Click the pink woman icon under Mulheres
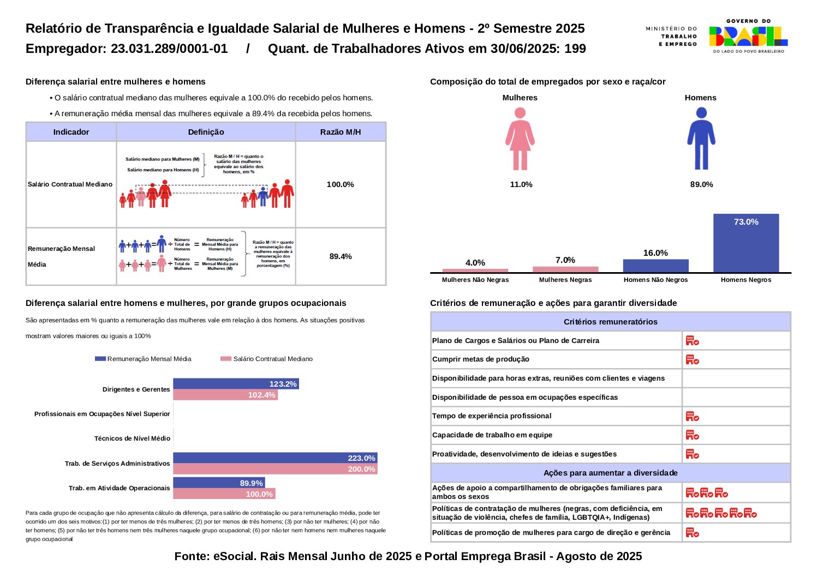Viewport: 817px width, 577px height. coord(520,139)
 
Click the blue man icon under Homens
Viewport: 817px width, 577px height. coord(701,139)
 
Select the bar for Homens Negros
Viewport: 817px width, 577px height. coord(746,243)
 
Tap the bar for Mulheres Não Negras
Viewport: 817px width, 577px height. coord(475,270)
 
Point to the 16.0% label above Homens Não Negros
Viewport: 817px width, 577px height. coord(655,253)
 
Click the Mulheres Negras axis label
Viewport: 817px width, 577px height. coord(565,280)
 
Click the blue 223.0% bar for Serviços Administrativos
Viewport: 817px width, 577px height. coord(275,458)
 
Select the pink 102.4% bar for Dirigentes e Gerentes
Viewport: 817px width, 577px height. coord(225,395)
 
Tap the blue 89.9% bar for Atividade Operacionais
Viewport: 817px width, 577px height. coord(218,483)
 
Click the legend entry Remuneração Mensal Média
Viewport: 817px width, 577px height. coord(144,359)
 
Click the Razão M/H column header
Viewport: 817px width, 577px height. coord(341,132)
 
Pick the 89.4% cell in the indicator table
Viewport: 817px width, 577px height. coord(341,256)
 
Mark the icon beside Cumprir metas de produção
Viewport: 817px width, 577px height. coord(692,359)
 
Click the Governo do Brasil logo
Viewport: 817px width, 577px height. coord(748,36)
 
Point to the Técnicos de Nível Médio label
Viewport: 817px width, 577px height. coord(132,438)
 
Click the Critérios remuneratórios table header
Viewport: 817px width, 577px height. coord(610,322)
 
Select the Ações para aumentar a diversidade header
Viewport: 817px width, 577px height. coord(610,473)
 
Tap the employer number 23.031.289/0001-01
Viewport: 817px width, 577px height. coord(169,49)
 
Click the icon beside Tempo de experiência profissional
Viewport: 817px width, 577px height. coord(692,416)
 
